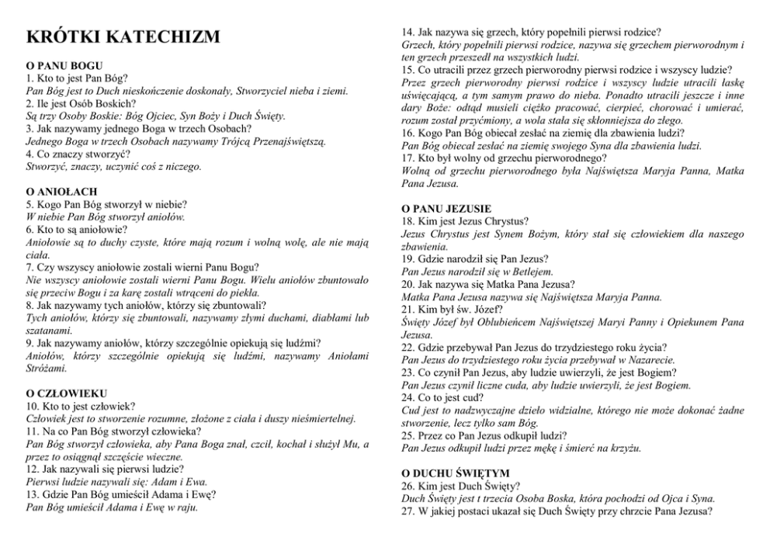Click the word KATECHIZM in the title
(x=162, y=38)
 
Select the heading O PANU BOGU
(x=65, y=66)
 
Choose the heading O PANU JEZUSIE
(x=446, y=209)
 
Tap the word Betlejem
(x=532, y=272)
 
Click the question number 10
(x=33, y=406)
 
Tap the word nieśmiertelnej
(x=316, y=418)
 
